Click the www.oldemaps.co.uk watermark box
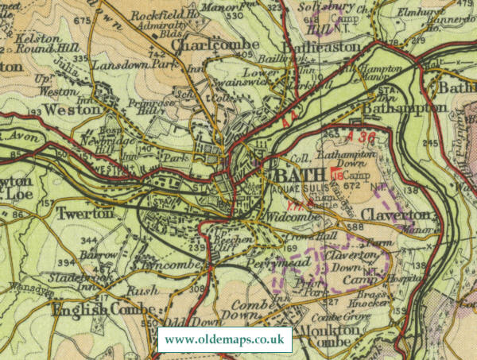(225, 339)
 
